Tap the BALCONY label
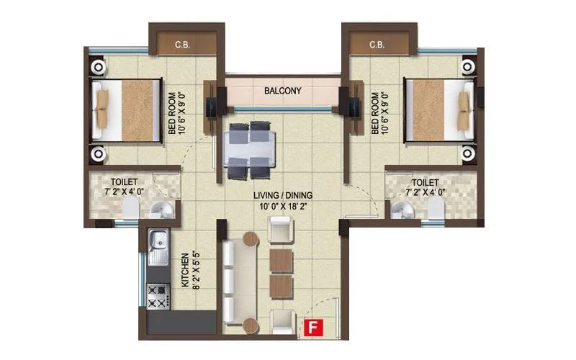tap(282, 91)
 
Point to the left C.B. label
tap(182, 45)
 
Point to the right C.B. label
tap(377, 45)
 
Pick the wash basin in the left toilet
tap(163, 210)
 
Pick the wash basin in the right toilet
tap(400, 210)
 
